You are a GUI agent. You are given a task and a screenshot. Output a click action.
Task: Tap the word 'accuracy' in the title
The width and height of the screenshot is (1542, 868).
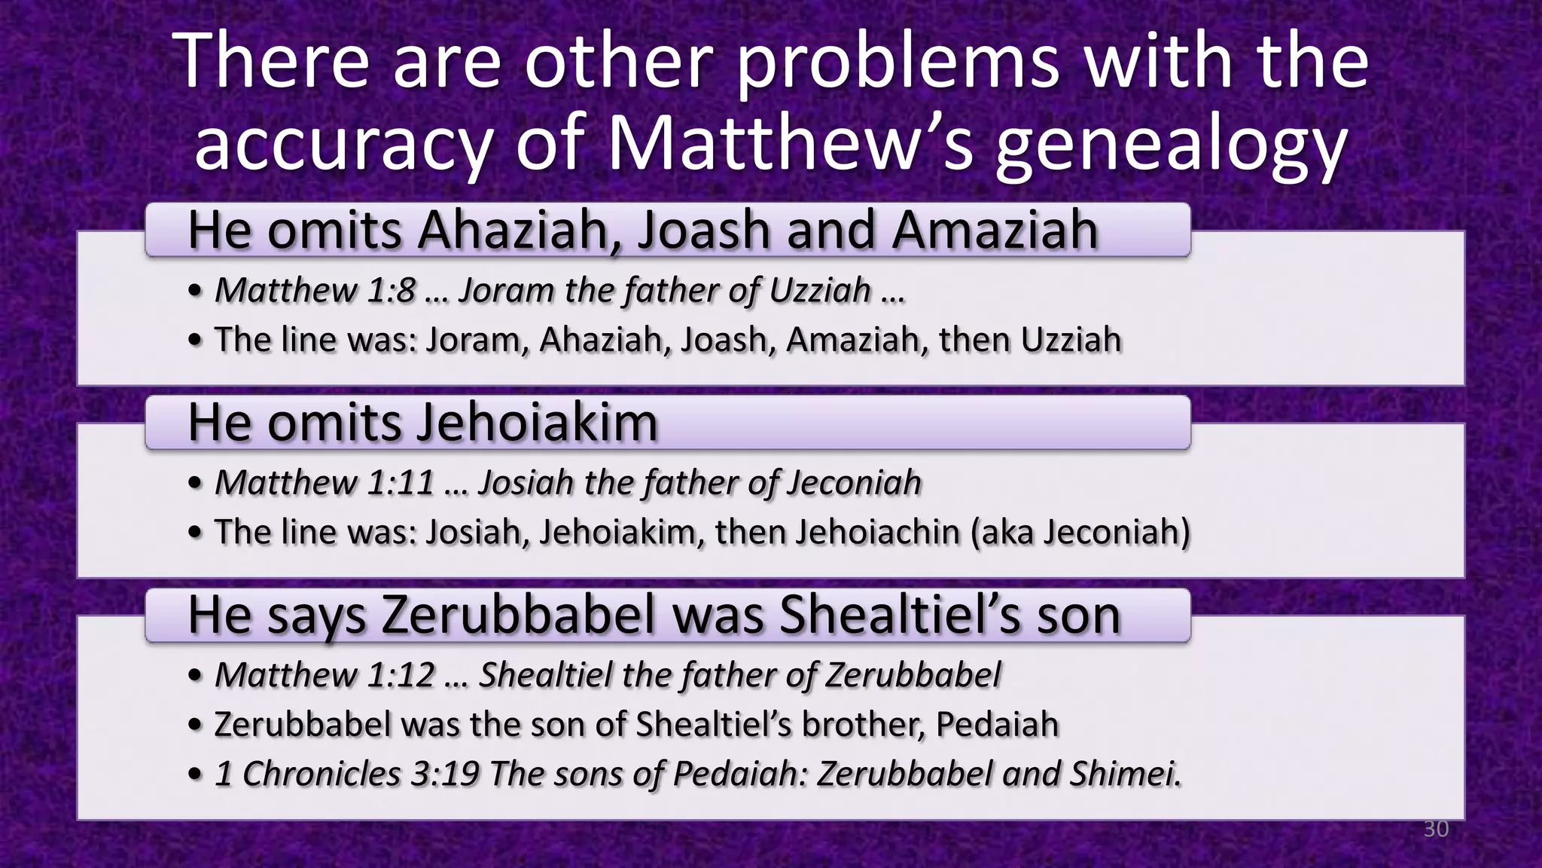pos(343,145)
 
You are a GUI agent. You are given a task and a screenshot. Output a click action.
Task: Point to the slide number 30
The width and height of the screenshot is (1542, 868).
pos(1436,830)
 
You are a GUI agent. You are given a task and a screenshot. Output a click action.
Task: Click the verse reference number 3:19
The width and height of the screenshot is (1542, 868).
pos(445,774)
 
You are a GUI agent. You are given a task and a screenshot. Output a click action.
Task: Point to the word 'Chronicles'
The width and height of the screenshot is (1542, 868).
pos(322,774)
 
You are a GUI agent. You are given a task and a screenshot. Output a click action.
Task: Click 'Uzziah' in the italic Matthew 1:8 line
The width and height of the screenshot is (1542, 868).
pos(825,291)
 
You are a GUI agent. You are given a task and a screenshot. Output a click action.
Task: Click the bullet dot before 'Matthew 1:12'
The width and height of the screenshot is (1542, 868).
pos(196,677)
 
